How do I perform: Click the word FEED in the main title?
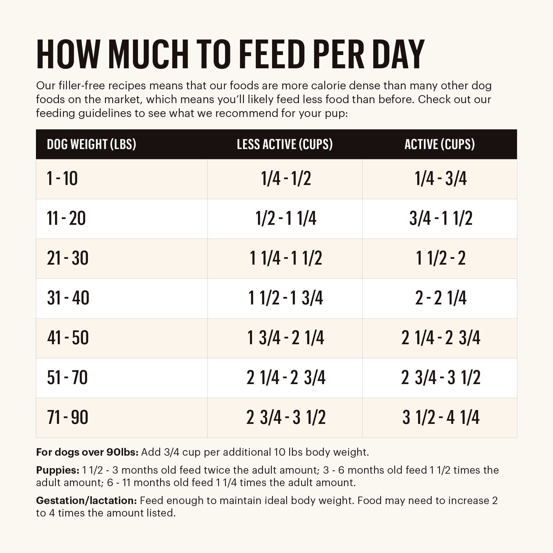272,55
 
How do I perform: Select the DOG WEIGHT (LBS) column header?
91,144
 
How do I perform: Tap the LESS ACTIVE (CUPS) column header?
285,144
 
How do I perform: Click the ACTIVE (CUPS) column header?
440,144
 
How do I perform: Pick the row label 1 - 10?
62,179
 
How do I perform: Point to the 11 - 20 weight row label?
66,218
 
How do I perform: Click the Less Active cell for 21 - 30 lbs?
286,258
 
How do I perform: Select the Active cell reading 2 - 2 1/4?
441,298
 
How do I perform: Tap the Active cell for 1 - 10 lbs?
441,179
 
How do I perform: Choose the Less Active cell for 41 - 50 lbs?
286,338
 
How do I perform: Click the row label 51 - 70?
67,378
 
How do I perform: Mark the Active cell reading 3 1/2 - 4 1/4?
441,417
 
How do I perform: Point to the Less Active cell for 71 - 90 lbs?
286,417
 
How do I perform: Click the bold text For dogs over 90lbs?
87,452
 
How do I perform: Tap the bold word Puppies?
58,470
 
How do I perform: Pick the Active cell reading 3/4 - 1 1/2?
441,218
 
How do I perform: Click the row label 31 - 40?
68,298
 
